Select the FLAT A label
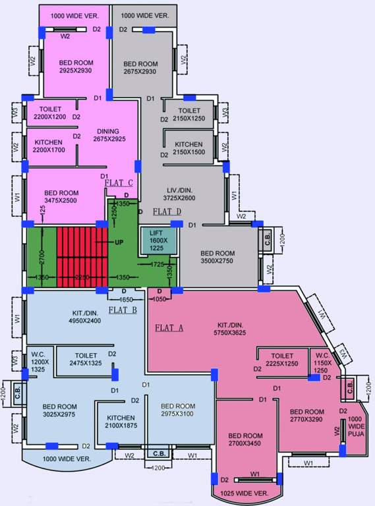pos(169,327)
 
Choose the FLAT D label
pos(167,211)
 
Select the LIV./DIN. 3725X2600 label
pos(181,194)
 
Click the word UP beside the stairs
pos(119,242)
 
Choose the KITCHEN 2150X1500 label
pos(188,148)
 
